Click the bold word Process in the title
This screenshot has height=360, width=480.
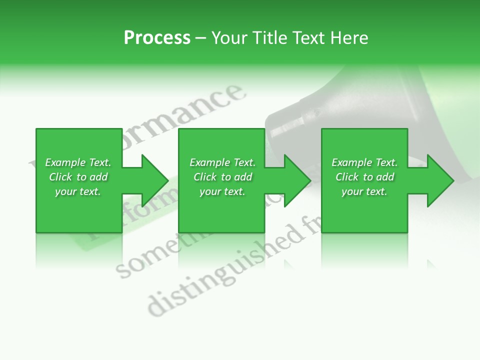point(157,38)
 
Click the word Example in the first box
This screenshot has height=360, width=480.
point(65,162)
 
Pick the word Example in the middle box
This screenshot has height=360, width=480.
point(209,162)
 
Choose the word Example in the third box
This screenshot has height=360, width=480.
point(351,162)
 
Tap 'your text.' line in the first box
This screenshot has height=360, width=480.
point(78,191)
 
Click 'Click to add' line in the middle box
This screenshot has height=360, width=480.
point(222,177)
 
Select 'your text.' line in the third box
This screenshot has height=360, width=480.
point(364,191)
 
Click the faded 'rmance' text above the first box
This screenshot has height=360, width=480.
point(200,110)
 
